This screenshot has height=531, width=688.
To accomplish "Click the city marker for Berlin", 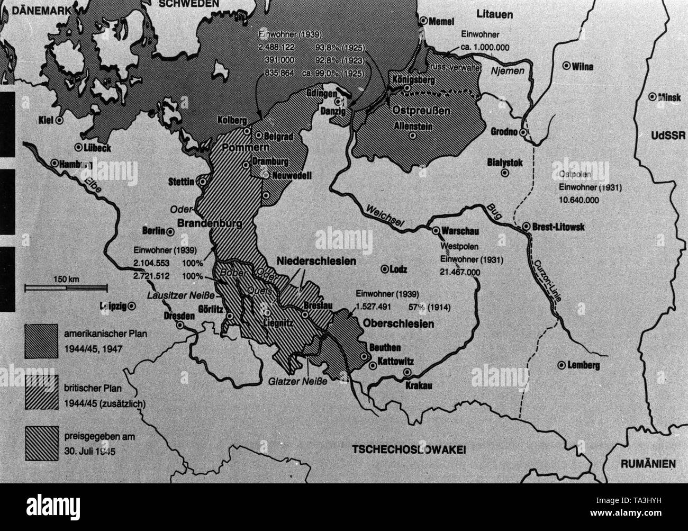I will [x=170, y=231].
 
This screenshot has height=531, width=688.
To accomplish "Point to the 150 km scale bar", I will [x=66, y=287].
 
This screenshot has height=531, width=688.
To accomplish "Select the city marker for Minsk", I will [x=655, y=97].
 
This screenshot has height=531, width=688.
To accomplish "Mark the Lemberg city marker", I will [x=560, y=365].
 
